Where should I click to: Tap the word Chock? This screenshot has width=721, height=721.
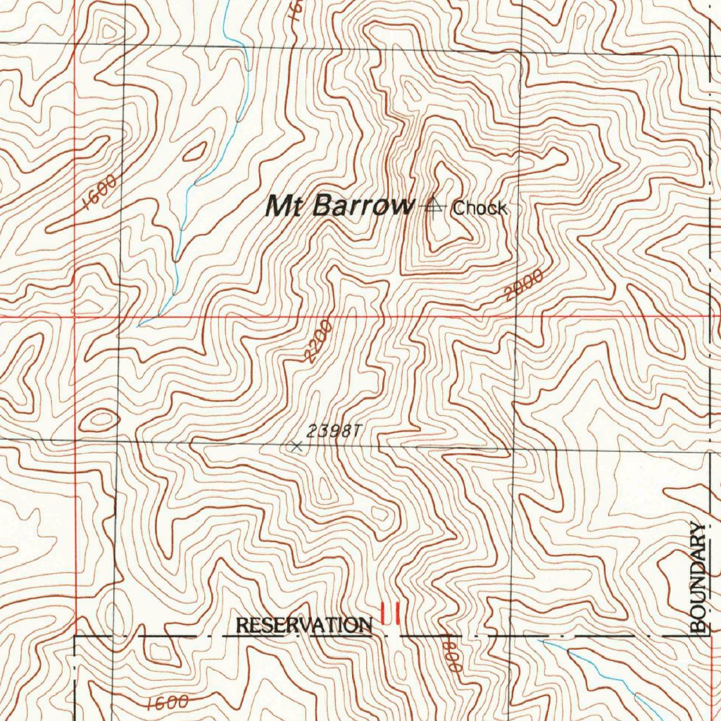(479, 208)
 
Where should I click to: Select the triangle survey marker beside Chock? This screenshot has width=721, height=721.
(434, 206)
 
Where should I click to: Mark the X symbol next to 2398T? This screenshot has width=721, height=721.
(296, 446)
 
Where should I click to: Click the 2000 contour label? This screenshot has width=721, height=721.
(525, 285)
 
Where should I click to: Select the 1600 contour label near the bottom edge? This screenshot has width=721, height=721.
(168, 702)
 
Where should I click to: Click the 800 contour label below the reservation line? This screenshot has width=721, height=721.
(451, 656)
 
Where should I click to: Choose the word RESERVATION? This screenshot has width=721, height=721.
(304, 625)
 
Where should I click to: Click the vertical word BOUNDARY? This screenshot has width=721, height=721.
(698, 577)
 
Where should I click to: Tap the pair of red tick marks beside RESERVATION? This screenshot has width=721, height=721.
(391, 613)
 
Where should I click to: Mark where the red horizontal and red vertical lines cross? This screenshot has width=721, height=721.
(75, 317)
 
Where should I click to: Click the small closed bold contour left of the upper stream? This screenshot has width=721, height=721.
(194, 151)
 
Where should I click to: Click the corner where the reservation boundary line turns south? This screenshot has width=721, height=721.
(75, 637)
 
